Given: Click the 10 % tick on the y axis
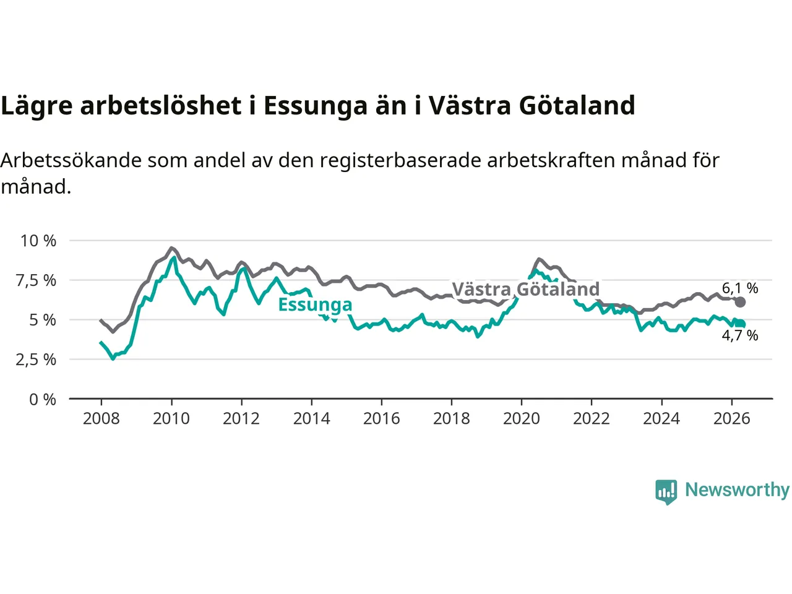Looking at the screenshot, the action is pos(38,241).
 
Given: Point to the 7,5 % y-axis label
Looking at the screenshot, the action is pos(36,280).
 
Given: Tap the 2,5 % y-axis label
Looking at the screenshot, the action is pos(36,359).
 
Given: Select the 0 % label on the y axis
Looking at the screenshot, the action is pos(43,399).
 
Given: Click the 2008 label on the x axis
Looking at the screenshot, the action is pos(101,419).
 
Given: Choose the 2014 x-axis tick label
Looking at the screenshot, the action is pos(311,419).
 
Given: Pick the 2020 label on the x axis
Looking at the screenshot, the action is pos(522,419).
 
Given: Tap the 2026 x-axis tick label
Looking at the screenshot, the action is pos(732,419).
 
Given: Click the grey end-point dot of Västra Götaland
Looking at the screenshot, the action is pos(740,302).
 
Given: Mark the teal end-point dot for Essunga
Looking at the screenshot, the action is pos(740,324).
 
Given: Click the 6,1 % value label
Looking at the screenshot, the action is pos(740,288).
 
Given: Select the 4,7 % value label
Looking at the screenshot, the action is pos(740,335).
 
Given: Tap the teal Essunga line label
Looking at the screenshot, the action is pos(315,305).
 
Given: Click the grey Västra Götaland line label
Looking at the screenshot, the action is pos(526,289).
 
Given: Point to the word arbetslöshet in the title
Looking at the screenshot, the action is pos(161,105).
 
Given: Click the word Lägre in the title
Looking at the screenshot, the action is pos(37,106).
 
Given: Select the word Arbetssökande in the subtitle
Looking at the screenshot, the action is pos(71,160).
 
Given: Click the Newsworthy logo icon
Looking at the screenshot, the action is pos(666,492).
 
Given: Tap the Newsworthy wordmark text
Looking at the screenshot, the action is pos(737,490).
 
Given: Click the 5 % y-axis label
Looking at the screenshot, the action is pos(43,320).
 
